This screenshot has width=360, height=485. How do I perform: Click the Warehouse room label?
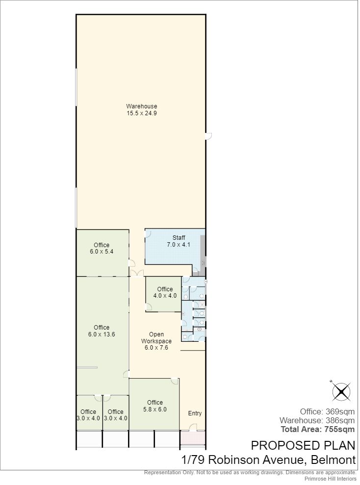(141, 106)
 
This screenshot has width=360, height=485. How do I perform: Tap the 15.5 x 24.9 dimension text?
(141, 113)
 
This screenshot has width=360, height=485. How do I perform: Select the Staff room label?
(179, 237)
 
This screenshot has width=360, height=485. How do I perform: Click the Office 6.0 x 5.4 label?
(102, 248)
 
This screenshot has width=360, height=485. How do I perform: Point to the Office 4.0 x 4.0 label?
(165, 292)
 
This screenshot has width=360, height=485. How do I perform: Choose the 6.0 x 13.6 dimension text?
(102, 334)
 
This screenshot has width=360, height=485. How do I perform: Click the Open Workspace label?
(156, 338)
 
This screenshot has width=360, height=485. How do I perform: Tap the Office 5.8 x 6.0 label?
(154, 406)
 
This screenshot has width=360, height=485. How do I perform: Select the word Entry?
(195, 413)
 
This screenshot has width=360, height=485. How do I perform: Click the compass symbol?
(341, 391)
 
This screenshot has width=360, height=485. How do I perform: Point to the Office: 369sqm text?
(327, 411)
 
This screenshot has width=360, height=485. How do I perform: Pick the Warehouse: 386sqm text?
(317, 420)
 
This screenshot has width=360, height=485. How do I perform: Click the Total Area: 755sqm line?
(318, 429)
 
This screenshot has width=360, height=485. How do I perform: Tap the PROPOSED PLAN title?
(303, 445)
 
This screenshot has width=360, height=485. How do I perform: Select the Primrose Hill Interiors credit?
(330, 479)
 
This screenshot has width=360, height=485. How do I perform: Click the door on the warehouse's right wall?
(208, 136)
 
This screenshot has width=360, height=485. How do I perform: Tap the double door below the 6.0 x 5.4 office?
(137, 273)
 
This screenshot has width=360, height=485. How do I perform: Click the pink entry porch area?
(193, 437)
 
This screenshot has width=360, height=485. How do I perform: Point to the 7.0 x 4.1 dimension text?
(179, 244)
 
